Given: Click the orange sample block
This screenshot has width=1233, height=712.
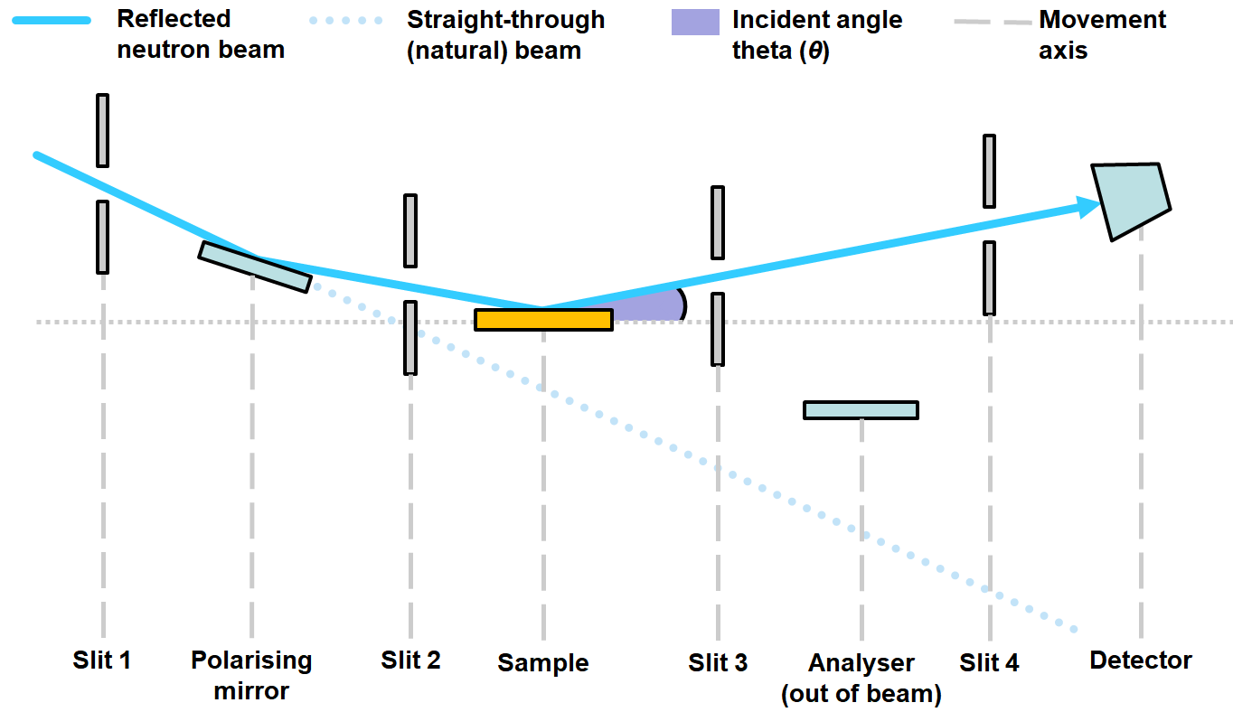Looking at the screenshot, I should point(543,320).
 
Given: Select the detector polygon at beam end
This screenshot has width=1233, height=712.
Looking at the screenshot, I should point(1130,200).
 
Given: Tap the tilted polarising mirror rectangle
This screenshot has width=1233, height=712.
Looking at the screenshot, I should point(255,267).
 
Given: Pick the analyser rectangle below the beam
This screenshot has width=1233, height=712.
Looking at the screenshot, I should point(861,410).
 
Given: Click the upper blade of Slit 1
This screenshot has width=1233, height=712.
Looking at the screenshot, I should point(103,130).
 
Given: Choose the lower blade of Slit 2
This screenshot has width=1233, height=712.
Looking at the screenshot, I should point(410,338).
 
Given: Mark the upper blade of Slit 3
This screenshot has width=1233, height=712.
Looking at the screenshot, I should point(718,222).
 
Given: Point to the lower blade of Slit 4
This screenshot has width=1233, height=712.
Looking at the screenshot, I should point(990,278).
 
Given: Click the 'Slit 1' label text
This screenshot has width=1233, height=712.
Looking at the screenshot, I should point(102,660).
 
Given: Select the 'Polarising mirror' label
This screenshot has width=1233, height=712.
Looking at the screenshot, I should point(251,675).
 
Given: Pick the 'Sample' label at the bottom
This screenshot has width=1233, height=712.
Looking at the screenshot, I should point(542,663).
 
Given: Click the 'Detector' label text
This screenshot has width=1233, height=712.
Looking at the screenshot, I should point(1141,660).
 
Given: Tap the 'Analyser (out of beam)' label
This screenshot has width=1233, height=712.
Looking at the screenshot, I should point(861,678).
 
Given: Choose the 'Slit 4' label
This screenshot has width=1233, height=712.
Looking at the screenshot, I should point(989,663).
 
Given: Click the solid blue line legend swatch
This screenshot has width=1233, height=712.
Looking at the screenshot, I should point(52,20).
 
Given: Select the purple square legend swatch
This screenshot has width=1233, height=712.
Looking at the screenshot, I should point(695,22).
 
